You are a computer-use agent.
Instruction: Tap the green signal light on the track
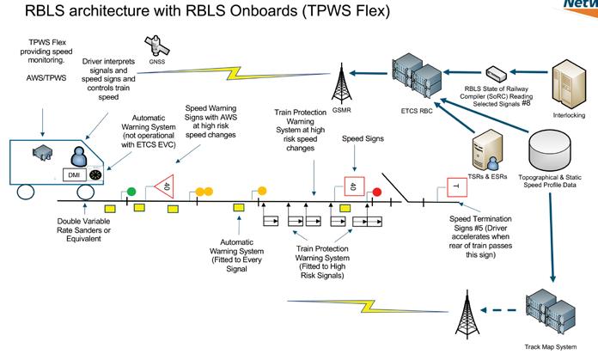(131, 191)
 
